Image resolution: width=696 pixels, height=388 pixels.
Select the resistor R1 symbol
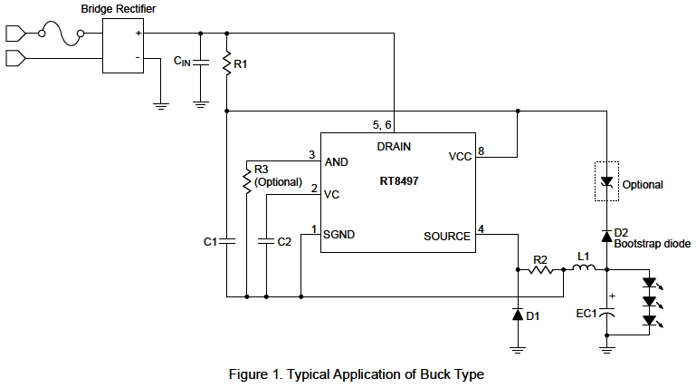pyautogui.click(x=226, y=64)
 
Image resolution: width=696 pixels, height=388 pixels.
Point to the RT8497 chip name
pyautogui.click(x=399, y=181)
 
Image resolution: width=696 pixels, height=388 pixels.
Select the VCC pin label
pyautogui.click(x=459, y=157)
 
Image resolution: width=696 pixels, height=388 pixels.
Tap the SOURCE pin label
pyautogui.click(x=446, y=237)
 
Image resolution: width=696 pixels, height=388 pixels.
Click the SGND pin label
pyautogui.click(x=338, y=234)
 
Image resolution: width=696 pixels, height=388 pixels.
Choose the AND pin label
pyautogui.click(x=336, y=161)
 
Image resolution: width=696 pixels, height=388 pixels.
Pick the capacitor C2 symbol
pyautogui.click(x=265, y=242)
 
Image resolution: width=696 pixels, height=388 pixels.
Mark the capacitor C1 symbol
pyautogui.click(x=226, y=242)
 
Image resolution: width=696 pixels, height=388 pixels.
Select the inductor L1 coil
pyautogui.click(x=584, y=268)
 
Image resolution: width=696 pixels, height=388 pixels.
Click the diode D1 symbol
pyautogui.click(x=517, y=315)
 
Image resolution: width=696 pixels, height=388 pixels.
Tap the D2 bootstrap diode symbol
pyautogui.click(x=606, y=234)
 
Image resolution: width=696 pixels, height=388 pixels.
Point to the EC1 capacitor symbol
pyautogui.click(x=606, y=314)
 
